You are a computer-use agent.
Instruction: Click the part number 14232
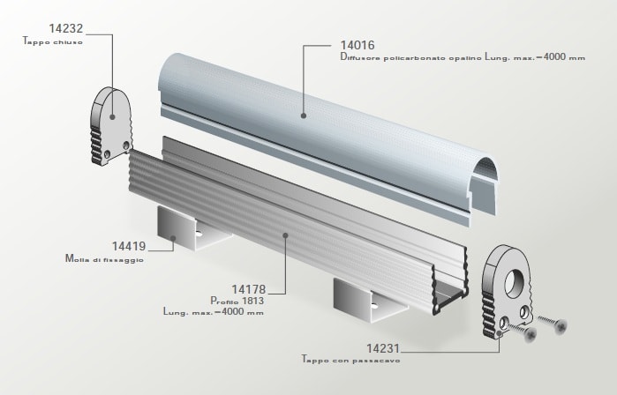click(x=66, y=28)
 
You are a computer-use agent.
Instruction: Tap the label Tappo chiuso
click(x=53, y=41)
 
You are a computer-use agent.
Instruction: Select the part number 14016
click(x=357, y=45)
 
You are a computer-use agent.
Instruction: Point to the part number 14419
click(x=129, y=246)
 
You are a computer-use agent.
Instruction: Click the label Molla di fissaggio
click(x=104, y=259)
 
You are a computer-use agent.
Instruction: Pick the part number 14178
click(x=249, y=289)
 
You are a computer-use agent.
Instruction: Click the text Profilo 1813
click(x=237, y=301)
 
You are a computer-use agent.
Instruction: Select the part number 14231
click(x=383, y=348)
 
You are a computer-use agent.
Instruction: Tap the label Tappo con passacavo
click(x=350, y=360)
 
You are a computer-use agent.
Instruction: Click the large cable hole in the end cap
click(x=515, y=283)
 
